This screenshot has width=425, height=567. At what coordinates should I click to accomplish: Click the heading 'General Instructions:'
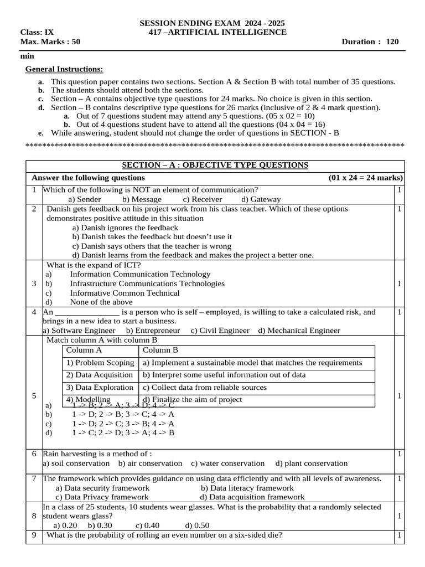(64, 69)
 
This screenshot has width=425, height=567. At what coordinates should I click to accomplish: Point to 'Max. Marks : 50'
(50, 42)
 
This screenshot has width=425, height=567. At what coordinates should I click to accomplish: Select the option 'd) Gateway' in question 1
(261, 199)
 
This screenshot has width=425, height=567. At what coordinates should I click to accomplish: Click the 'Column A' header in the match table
(84, 350)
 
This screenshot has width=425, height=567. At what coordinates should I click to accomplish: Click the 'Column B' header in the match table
(160, 350)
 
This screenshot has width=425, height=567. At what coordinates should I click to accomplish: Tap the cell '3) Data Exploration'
(100, 388)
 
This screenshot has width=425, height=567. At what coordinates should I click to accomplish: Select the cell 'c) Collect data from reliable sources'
(205, 388)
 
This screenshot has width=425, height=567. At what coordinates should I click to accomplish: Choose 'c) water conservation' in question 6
(228, 463)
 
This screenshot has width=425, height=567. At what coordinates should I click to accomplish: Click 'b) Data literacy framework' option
(247, 488)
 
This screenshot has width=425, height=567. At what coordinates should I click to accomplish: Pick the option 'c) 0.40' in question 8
(147, 525)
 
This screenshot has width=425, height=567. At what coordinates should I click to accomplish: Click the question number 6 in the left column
(34, 454)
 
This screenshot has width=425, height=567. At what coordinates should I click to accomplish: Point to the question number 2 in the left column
(34, 209)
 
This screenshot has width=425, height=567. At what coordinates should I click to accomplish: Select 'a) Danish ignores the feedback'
(125, 228)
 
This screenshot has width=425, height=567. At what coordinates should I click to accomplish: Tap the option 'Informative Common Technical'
(125, 293)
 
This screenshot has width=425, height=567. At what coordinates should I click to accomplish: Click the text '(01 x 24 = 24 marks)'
(365, 178)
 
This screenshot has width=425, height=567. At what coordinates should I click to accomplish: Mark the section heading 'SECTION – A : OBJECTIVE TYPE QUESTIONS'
(215, 166)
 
